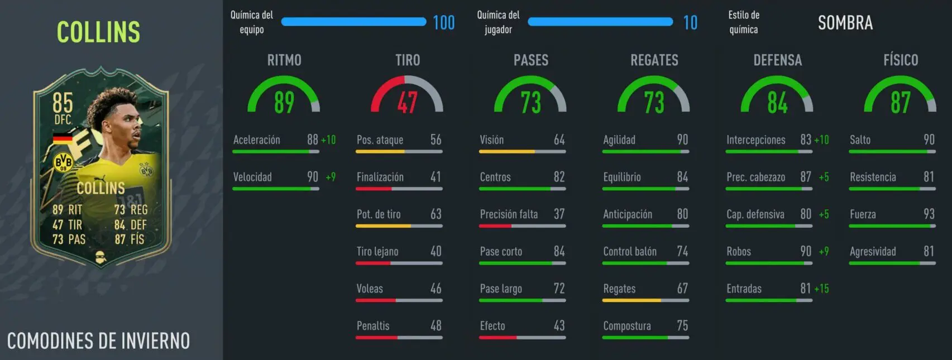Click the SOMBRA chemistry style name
point(845,23)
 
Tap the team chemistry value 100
point(444,23)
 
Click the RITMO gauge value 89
point(284,102)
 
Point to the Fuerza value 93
point(929,214)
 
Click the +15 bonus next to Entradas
point(821,289)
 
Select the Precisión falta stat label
point(509,214)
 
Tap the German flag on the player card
point(63,138)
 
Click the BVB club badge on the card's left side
point(63,162)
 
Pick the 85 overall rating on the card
point(63,103)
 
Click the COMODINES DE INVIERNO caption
point(98,341)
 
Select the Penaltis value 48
point(436,325)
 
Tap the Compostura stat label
point(626,326)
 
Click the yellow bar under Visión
point(507,152)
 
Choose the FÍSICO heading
point(900,60)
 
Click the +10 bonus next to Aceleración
point(328,140)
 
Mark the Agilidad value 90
point(682,140)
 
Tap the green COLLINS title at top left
point(98,32)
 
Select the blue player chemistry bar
point(600,22)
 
